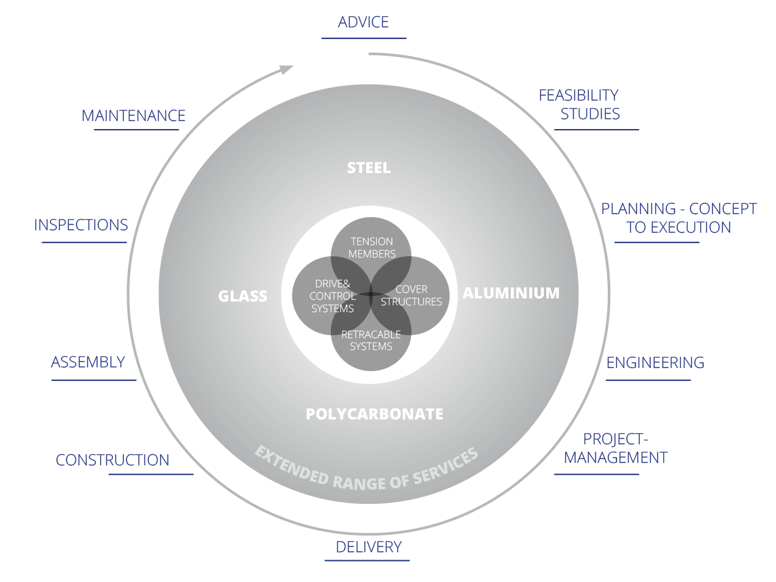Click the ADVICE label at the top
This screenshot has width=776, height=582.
click(363, 22)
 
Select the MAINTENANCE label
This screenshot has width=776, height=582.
click(133, 116)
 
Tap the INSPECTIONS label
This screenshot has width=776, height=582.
click(81, 225)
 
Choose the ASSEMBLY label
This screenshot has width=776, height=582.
click(88, 362)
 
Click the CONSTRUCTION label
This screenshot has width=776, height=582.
click(112, 460)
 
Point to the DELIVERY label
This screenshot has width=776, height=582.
click(369, 547)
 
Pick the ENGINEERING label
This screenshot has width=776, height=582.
click(655, 362)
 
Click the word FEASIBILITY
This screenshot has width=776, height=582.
click(578, 95)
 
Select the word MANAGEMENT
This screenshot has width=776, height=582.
click(615, 458)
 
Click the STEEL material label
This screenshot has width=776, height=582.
click(369, 168)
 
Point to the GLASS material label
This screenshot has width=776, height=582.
click(243, 296)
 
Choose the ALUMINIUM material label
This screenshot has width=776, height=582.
click(511, 293)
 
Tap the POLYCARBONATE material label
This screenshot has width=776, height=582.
click(374, 414)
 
